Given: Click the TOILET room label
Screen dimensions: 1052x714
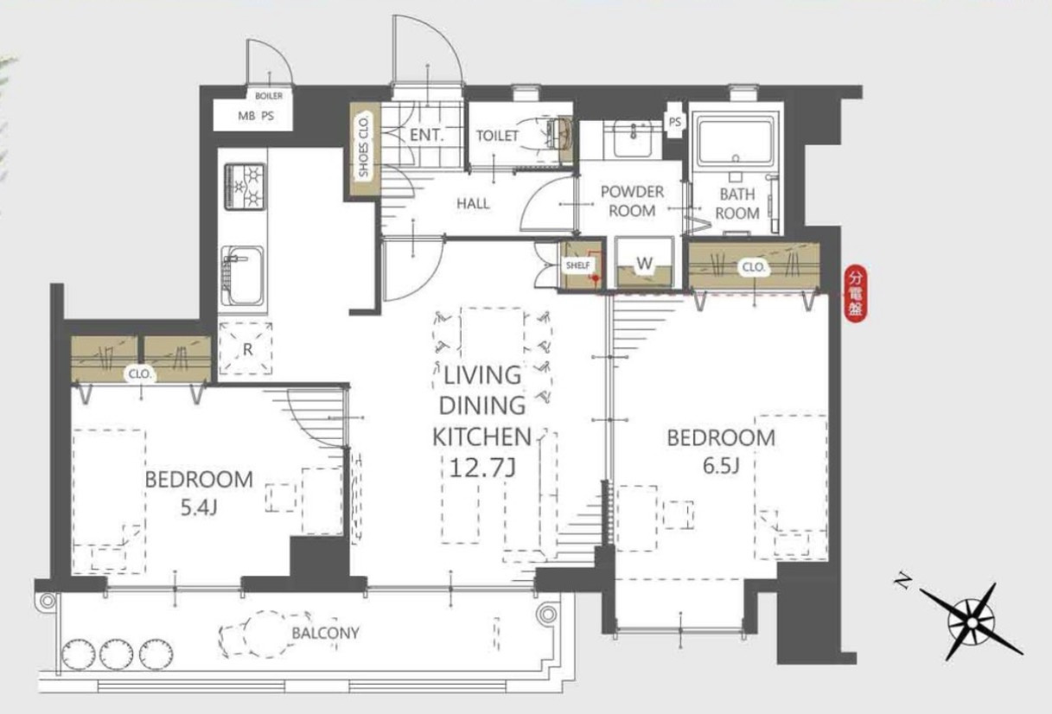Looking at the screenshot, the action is pos(497,136).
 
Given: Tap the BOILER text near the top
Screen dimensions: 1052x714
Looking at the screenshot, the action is pos(269,96).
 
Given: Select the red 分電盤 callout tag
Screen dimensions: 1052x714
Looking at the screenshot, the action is pos(855,294).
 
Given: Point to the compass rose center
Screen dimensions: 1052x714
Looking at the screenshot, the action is pos(972,623).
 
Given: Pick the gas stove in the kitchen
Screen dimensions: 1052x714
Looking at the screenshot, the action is pos(245,187).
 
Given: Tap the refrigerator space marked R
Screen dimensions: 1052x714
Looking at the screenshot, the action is pos(245,348).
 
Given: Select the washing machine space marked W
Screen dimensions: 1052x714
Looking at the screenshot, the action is pos(644,263).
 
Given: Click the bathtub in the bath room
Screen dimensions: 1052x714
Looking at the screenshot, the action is pos(736,140).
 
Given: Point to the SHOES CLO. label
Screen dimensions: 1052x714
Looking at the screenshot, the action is pos(364,147).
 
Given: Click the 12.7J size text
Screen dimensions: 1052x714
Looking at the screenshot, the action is pos(482,468).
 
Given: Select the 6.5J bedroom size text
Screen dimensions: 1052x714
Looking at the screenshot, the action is pos(722,466).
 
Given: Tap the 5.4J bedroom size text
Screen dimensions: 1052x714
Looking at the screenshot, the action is pos(199,507).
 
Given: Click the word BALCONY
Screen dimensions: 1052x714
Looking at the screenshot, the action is pos(326,634).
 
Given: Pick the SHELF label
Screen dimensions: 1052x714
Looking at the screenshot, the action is pos(577,265).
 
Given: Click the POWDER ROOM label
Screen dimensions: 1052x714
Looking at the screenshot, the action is pos(632,201).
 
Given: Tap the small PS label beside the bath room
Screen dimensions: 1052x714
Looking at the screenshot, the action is pos(675,122).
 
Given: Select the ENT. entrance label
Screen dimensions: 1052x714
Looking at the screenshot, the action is pos(426,136).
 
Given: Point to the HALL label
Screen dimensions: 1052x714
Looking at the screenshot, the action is pos(473,204).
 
